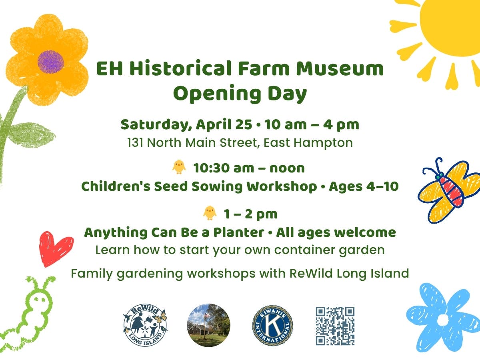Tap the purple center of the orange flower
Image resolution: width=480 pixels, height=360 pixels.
coord(51,62)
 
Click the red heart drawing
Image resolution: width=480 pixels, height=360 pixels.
coord(56,248)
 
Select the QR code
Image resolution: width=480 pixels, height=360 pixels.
coord(335,326)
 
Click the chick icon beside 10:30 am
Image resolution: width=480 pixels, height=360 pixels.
coord(179,166)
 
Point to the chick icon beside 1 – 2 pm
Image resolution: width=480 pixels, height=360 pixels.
coord(210,213)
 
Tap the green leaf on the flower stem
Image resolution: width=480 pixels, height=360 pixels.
coord(32,134)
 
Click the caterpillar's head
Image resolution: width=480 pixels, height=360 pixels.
coord(40,298)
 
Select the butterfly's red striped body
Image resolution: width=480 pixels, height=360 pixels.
coord(452,190)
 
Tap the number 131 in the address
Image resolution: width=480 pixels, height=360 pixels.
coord(136,142)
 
